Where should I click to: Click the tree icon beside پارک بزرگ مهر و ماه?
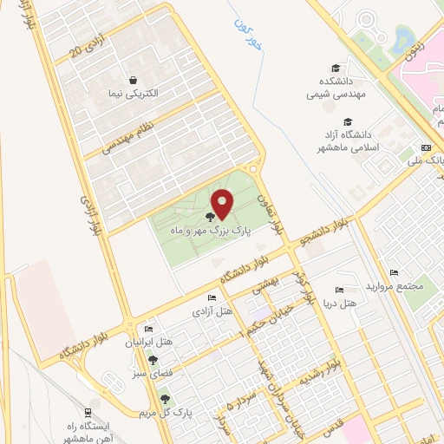[x=211, y=215]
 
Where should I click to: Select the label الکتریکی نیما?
[x=129, y=93]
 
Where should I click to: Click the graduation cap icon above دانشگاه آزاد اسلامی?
[x=348, y=121]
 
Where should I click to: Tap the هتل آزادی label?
[x=212, y=310]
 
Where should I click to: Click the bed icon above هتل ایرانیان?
[x=147, y=330]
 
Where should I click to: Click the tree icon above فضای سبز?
[x=153, y=360]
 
